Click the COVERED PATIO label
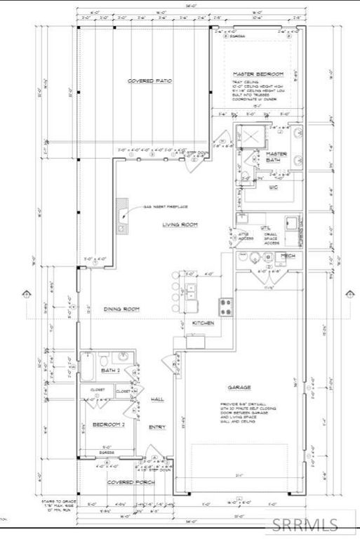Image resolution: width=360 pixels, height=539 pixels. point(145,81)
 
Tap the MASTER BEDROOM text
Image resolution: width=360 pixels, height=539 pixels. point(259,74)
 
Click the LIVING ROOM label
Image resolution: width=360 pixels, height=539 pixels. point(180,225)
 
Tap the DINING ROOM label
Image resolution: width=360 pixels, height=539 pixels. point(122,309)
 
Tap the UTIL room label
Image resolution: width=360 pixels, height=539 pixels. point(265,229)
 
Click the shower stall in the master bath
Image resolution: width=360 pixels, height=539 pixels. point(249,135)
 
